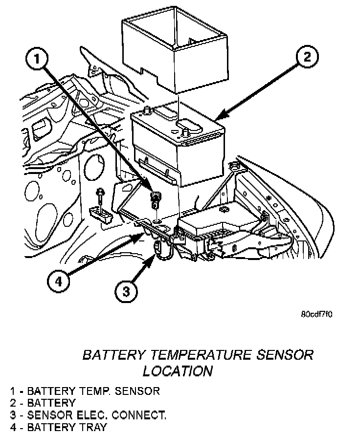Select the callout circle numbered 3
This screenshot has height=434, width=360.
[x=126, y=292]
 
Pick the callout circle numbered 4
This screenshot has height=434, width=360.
[x=58, y=282]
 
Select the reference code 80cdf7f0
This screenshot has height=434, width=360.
[x=317, y=315]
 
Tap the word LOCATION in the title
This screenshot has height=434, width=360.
[x=178, y=371]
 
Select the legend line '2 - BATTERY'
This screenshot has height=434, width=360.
[x=43, y=403]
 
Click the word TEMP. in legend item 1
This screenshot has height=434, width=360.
[x=94, y=391]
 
